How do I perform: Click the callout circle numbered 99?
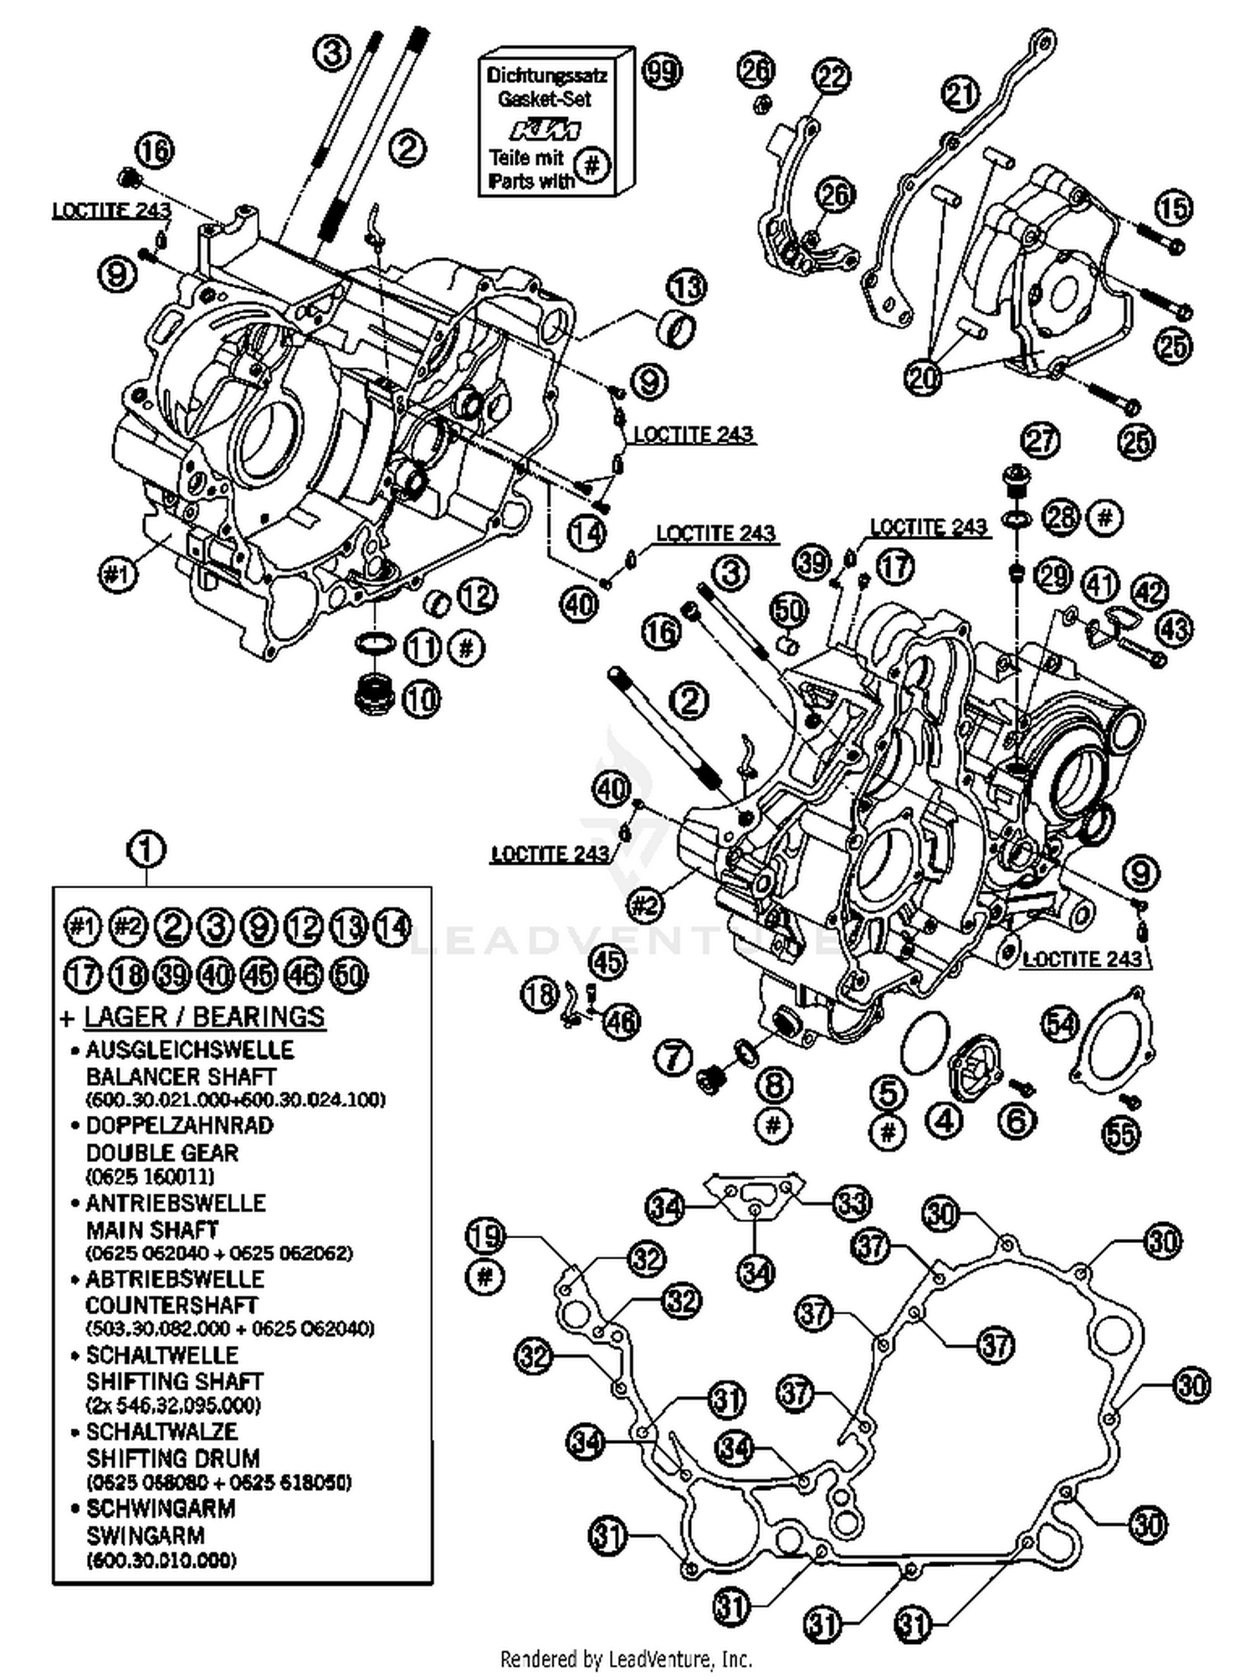click(661, 71)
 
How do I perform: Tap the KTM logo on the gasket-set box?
click(546, 130)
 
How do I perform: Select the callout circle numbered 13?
click(686, 287)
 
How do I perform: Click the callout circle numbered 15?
click(1173, 208)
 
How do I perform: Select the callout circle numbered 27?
click(1041, 440)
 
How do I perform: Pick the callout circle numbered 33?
click(852, 1203)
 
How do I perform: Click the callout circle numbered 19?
click(485, 1236)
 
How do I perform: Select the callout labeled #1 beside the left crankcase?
click(118, 574)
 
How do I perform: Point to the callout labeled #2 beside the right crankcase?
click(646, 904)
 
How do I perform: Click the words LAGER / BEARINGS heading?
click(204, 1016)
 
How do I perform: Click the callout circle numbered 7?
click(674, 1056)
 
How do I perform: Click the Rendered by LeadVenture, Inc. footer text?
click(626, 1657)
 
